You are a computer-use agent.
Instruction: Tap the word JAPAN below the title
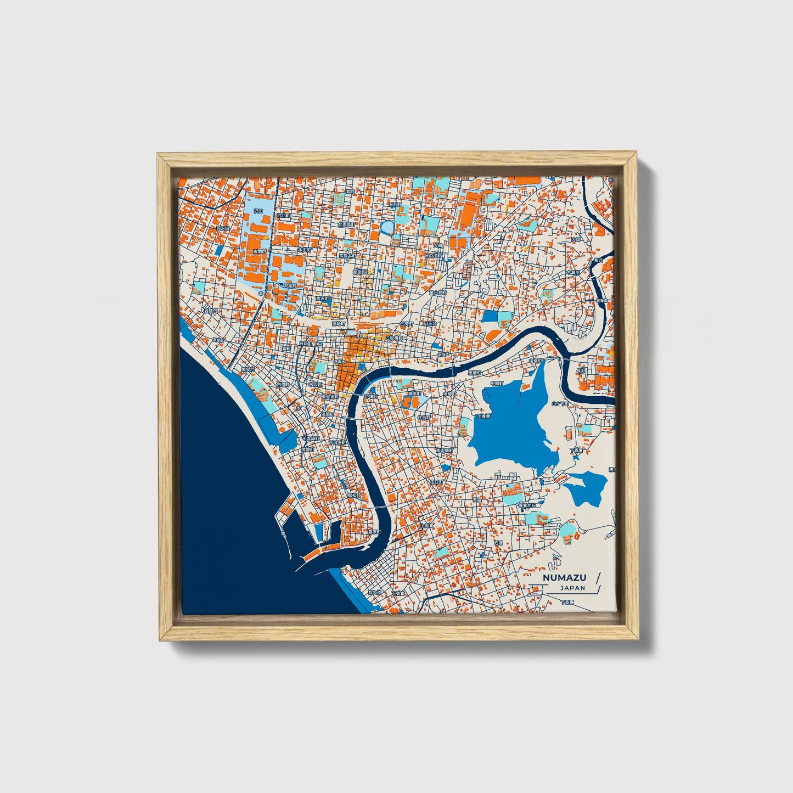572,588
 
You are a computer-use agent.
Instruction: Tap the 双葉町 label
288,285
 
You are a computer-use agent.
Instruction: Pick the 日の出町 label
433,255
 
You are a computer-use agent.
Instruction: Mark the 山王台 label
430,324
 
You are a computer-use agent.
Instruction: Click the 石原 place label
498,543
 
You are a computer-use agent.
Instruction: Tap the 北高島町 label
346,224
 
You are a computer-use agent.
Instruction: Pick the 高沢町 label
323,299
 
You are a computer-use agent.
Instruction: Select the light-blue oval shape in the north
388,226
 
